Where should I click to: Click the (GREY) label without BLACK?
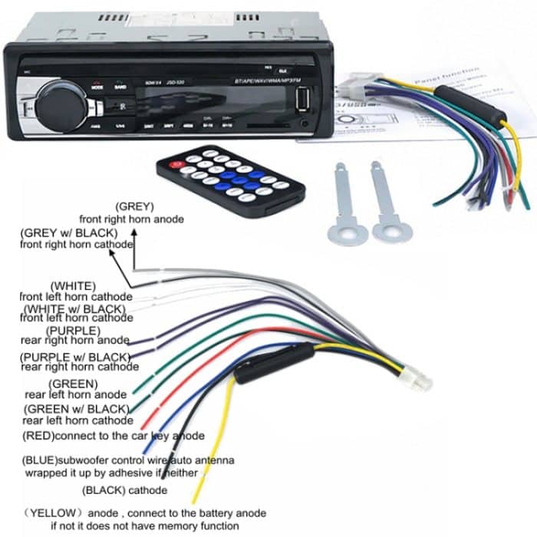[135, 206]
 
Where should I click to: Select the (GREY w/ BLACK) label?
[70, 232]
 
